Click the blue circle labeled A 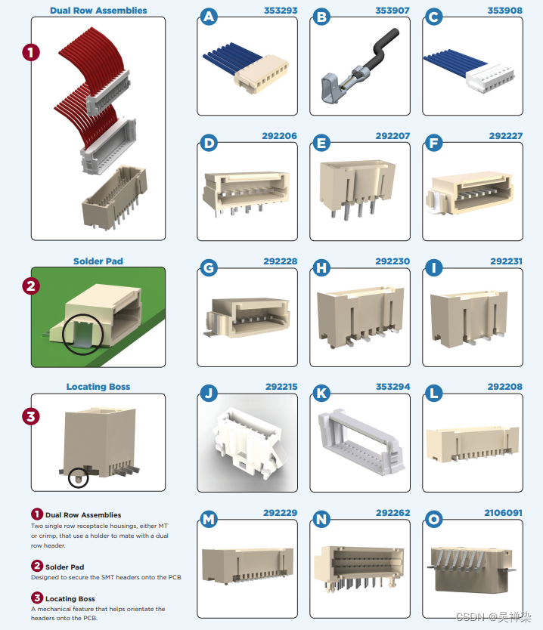pos(208,17)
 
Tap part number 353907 pos(392,11)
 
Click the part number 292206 pos(279,136)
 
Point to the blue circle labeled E pos(321,143)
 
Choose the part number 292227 pos(505,136)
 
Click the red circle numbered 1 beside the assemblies pos(31,52)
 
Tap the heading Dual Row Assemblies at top pos(98,11)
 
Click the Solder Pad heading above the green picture pos(98,261)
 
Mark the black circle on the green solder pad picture pos(79,334)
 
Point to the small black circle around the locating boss pos(78,477)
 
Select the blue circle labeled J pos(208,394)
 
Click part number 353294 pos(393,387)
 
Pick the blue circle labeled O pos(434,520)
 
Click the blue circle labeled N pos(321,520)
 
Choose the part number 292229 pos(280,513)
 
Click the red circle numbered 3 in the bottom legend pos(37,598)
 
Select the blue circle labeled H pos(321,268)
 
